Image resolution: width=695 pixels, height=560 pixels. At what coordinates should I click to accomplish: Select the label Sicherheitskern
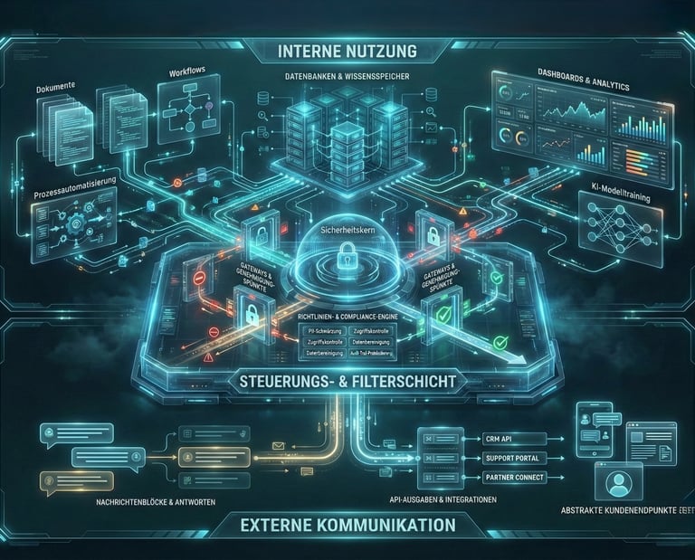(x=347, y=232)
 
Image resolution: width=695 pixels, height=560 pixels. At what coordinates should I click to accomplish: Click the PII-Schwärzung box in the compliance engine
(x=322, y=332)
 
